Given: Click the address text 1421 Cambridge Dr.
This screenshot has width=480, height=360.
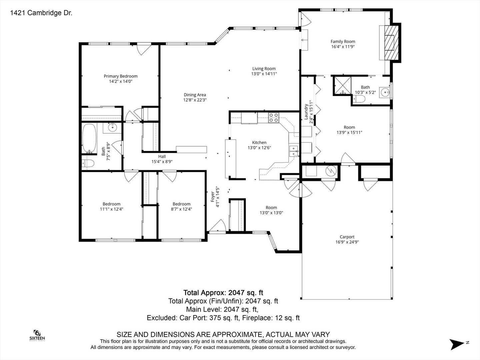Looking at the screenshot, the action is [41, 13].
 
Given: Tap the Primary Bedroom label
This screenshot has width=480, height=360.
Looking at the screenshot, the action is [120, 76].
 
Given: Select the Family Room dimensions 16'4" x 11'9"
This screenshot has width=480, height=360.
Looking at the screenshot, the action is [343, 47].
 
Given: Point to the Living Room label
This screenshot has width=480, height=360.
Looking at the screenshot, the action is [264, 69].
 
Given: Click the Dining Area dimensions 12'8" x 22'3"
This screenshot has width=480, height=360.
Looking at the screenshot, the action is [195, 100].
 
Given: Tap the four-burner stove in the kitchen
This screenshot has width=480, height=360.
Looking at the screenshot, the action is [274, 118].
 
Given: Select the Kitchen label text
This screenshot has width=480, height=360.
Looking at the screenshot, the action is [259, 143].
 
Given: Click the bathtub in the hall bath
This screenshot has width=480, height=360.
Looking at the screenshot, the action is [89, 138].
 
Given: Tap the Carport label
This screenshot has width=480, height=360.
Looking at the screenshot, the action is [347, 237].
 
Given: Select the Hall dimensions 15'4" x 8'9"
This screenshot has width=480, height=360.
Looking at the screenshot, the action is [162, 162].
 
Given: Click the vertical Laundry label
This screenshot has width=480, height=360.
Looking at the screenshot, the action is [306, 112].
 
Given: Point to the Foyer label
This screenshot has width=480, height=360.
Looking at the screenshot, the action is [212, 197].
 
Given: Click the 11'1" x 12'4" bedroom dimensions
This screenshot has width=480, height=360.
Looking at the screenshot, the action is [112, 209].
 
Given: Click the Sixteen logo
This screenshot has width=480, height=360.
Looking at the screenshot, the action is [37, 335].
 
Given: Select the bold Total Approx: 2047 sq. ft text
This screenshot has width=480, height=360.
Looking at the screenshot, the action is [223, 292].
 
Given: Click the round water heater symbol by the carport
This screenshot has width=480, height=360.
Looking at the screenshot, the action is [331, 170].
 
